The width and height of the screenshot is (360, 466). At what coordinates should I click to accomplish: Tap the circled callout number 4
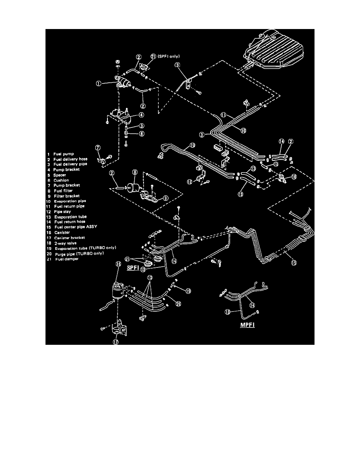(x=129, y=115)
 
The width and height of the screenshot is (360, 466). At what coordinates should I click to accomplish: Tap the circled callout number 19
(x=188, y=291)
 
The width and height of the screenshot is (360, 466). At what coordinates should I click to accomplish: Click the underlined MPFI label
(x=247, y=325)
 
